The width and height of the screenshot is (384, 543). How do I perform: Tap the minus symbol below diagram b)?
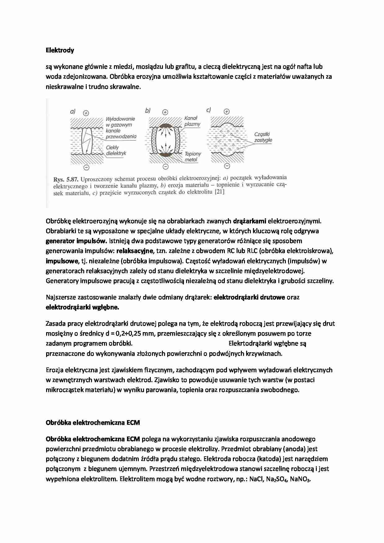(x=165, y=167)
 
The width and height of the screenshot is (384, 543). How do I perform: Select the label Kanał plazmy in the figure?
(x=192, y=121)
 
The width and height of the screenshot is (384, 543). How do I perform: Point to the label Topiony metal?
(x=193, y=157)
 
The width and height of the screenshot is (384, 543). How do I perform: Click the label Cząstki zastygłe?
(x=263, y=137)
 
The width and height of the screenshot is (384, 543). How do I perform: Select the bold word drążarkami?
(x=250, y=221)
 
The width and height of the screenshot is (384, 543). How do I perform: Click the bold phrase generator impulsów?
(x=76, y=241)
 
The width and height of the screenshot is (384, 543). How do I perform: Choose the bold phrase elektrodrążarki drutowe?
(x=249, y=297)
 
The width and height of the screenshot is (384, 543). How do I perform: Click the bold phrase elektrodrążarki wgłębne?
(x=82, y=307)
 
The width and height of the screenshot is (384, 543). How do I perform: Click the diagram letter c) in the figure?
(x=208, y=110)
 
